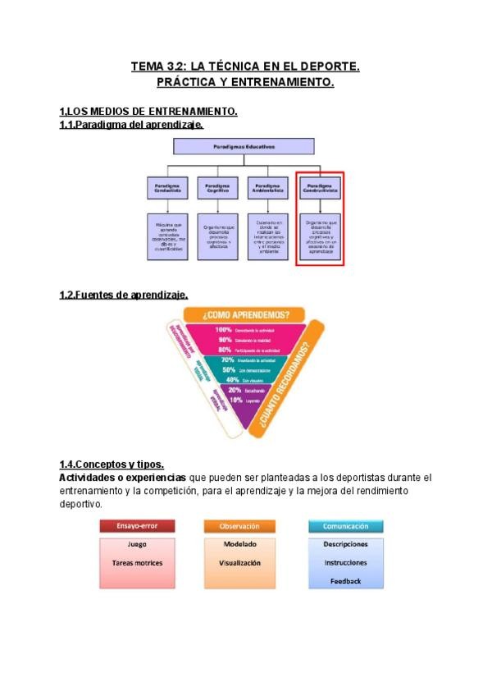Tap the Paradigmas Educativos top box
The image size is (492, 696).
coord(244,147)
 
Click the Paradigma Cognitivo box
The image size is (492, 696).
coord(217,188)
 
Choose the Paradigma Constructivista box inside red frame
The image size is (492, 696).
coord(319,188)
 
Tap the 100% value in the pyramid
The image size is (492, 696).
coord(224,329)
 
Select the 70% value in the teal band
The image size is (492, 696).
coord(228,359)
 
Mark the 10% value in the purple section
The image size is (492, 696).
coord(235,400)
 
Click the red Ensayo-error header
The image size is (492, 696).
coord(133,526)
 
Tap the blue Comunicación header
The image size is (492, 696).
coord(345,526)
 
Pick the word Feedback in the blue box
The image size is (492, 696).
coord(345,580)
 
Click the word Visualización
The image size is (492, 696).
coord(239,563)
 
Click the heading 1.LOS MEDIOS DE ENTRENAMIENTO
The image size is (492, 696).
coord(148,112)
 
